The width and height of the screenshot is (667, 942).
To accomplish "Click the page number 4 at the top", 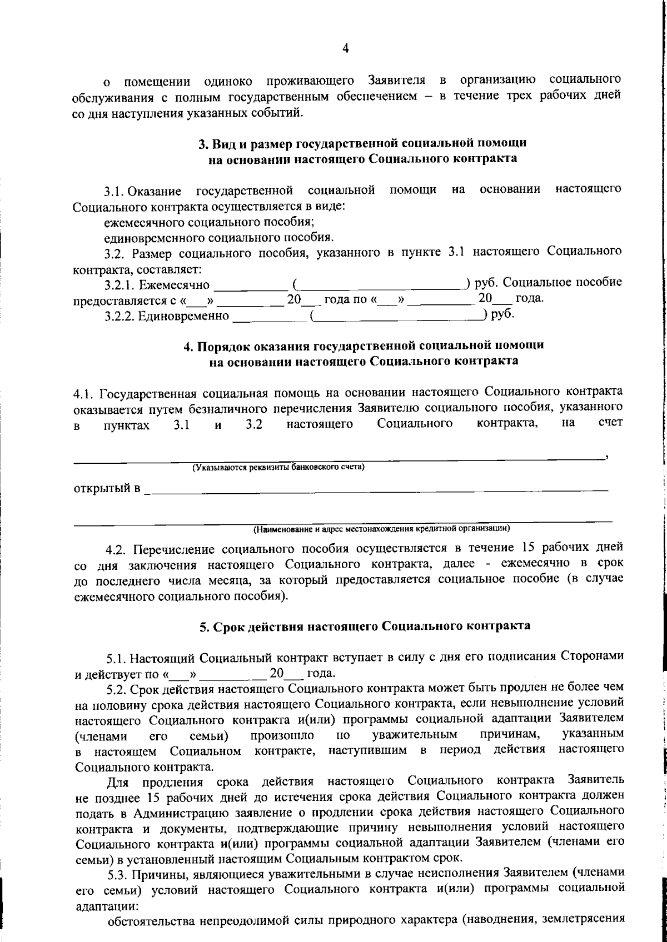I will [x=346, y=49].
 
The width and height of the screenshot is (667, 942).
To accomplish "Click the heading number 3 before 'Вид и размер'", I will [x=203, y=143].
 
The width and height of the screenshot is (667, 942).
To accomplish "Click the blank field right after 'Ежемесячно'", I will [x=250, y=287].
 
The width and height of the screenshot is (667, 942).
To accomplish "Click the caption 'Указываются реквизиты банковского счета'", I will [x=278, y=467].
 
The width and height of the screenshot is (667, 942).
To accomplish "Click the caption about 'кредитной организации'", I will [x=382, y=528].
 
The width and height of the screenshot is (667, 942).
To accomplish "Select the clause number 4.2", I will [x=117, y=549].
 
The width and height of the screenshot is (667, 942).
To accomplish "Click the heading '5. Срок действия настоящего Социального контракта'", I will [x=365, y=626].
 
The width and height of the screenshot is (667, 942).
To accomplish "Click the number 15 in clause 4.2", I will [x=529, y=547].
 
